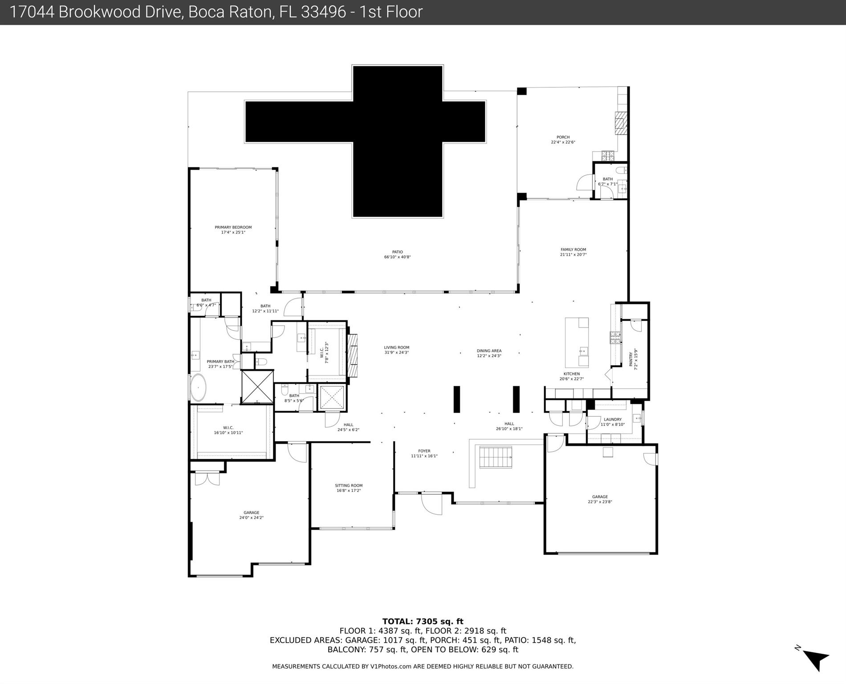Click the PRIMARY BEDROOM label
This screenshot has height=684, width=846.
pos(233,227)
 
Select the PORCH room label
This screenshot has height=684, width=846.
pos(563,137)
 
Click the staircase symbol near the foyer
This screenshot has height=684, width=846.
pos(495,457)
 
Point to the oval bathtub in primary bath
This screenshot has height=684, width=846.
pos(198,387)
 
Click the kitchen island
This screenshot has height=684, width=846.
pos(577,342)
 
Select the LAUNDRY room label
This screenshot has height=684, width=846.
pos(612,419)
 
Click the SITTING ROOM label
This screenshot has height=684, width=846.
pos(349,486)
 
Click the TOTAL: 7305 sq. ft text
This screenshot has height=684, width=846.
pos(423,621)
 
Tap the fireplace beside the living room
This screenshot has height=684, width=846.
pos(353,355)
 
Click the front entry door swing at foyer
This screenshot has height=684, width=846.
pos(431,504)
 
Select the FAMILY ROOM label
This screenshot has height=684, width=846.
pos(573,250)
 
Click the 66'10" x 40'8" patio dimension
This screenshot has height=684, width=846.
pos(397,257)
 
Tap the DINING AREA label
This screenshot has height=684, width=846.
pos(489,351)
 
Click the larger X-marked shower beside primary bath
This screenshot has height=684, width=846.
pos(257,387)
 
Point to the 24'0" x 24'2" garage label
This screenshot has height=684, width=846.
pos(251,518)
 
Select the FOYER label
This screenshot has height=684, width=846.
pos(424,451)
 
